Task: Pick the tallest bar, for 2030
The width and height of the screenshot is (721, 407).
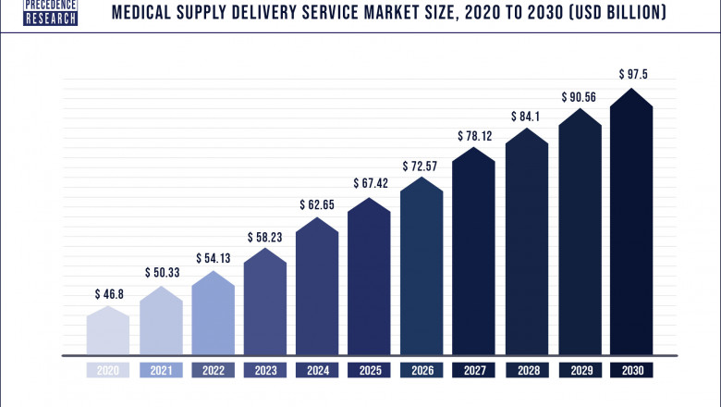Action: [632, 222]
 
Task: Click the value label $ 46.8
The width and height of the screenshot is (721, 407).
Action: [109, 293]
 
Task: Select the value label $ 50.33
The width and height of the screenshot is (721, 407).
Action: [162, 272]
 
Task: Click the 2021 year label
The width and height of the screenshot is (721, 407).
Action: [162, 370]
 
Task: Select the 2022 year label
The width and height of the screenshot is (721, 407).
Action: [214, 370]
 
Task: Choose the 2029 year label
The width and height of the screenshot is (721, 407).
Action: [580, 370]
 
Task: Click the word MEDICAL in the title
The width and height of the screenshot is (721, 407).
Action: [145, 14]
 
